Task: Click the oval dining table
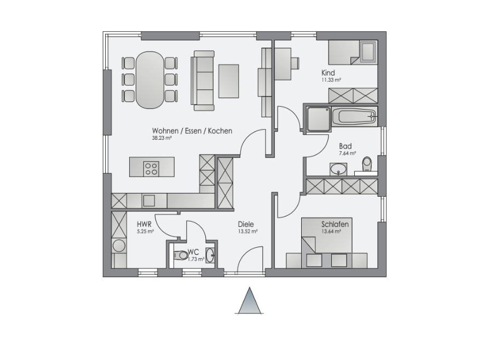click(x=150, y=80)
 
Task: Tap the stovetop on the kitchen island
click(x=151, y=168)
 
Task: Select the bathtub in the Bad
click(x=354, y=117)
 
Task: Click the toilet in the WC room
click(x=181, y=255)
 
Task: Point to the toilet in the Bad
click(x=367, y=164)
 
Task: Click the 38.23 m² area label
click(x=162, y=138)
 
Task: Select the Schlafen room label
click(x=335, y=224)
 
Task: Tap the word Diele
click(x=246, y=224)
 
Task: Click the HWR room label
click(x=144, y=224)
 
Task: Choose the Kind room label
click(x=328, y=73)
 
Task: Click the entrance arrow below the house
click(x=250, y=300)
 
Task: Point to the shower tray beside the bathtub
click(x=319, y=119)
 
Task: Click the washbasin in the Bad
click(x=338, y=169)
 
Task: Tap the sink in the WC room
click(x=210, y=254)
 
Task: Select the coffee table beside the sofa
click(x=228, y=81)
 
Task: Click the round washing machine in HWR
click(x=119, y=246)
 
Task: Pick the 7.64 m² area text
click(x=348, y=153)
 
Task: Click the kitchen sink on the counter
click(x=149, y=201)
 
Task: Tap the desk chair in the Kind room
click(x=296, y=62)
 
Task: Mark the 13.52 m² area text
click(x=248, y=231)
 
